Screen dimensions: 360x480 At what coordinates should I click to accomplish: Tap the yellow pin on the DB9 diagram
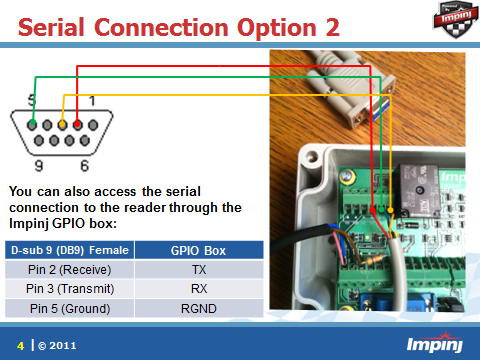coord(62,125)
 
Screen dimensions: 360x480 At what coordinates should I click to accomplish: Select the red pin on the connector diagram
coord(76,125)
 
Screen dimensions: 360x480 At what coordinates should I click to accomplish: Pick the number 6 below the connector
coord(85,165)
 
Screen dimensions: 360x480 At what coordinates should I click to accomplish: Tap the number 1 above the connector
coord(92,101)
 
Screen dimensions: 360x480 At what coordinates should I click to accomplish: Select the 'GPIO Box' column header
coord(199,250)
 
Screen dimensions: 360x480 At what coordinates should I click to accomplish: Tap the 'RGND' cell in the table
coord(199,308)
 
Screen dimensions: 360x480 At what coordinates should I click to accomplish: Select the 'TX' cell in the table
coord(199,270)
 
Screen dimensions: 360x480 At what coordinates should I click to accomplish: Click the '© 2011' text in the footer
coord(56,345)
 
